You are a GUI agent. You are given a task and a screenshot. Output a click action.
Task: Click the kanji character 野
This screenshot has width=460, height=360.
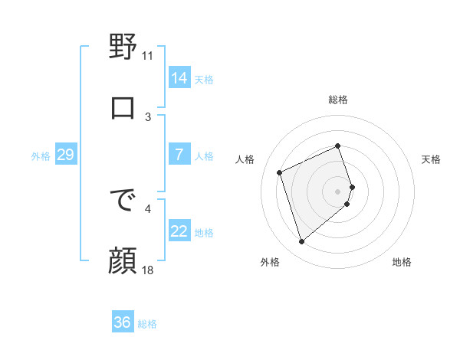(123, 47)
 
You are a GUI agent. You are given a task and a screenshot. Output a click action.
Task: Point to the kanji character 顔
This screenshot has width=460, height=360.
(123, 261)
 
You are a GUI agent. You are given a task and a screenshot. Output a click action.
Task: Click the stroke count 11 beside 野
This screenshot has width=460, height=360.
(148, 55)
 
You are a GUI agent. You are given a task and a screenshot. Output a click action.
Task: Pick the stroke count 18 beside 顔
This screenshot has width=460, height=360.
(148, 270)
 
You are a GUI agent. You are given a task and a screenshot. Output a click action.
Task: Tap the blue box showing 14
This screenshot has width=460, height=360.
(179, 78)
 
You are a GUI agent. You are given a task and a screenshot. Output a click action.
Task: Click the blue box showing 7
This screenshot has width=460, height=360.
(179, 155)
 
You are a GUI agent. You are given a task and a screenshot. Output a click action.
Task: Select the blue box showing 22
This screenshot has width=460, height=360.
(179, 231)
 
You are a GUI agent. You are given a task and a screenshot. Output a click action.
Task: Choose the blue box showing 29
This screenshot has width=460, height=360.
(65, 155)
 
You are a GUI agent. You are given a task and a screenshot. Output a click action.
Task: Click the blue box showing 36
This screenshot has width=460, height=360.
(123, 322)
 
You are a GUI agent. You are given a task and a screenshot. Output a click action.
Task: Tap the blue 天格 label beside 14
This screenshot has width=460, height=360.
(204, 80)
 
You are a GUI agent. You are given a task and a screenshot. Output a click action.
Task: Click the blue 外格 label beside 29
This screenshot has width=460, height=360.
(41, 156)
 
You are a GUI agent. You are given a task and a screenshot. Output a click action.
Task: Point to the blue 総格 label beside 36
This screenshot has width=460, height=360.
(147, 324)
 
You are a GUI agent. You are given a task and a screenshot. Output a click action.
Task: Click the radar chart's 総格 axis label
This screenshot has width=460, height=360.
(338, 100)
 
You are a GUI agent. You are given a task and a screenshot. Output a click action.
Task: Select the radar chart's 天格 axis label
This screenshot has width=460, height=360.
(432, 159)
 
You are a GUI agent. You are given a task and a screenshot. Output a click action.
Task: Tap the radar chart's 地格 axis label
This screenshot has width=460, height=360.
(402, 262)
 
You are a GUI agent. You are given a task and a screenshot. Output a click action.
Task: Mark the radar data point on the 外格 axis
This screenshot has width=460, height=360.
(301, 242)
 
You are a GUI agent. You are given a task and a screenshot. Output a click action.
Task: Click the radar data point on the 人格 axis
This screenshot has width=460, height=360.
(280, 172)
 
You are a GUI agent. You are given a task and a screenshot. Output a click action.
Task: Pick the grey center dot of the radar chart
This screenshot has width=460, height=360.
(338, 191)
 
